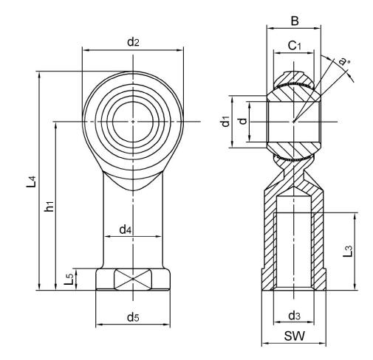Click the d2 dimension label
click(x=133, y=42)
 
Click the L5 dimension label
click(x=69, y=280)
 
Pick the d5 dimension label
click(x=132, y=318)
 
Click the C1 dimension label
click(x=295, y=46)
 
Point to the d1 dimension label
click(x=226, y=122)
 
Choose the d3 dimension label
click(x=294, y=317)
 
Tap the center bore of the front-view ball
click(x=133, y=121)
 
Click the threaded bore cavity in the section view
click(x=294, y=243)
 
